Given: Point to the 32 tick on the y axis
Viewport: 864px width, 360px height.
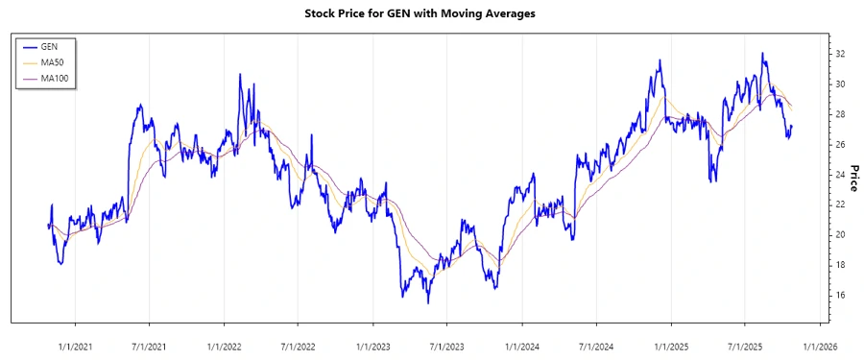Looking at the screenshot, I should [839, 54].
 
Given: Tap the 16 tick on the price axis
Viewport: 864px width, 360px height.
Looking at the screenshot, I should [839, 295].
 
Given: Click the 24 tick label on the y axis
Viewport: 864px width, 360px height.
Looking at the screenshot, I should [839, 175].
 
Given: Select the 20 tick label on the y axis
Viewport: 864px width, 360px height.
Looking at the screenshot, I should [839, 235].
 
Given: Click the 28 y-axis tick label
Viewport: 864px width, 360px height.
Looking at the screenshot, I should [839, 114].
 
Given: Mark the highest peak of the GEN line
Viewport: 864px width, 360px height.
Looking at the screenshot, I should [762, 54].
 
